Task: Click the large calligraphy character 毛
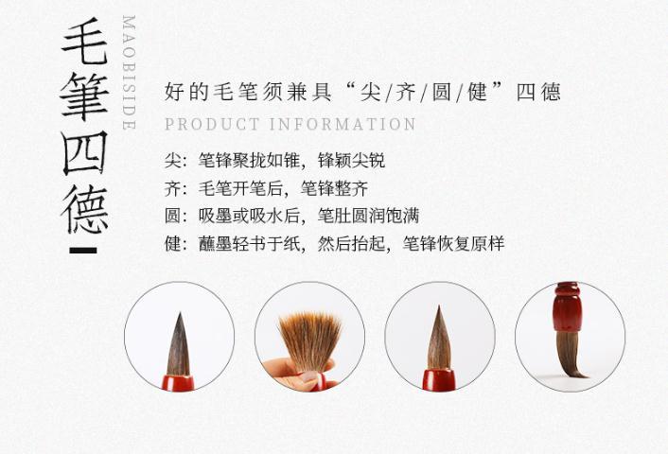pyautogui.click(x=85, y=42)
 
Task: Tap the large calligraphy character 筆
pyautogui.click(x=85, y=96)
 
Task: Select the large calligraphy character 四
pyautogui.click(x=84, y=153)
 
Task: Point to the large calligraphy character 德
pyautogui.click(x=85, y=209)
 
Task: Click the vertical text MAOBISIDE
pyautogui.click(x=129, y=73)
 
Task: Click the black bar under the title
pyautogui.click(x=83, y=251)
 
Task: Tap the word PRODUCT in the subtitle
pyautogui.click(x=212, y=124)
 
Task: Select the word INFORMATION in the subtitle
pyautogui.click(x=343, y=124)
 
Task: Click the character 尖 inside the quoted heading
pyautogui.click(x=370, y=92)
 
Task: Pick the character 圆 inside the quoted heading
pyautogui.click(x=441, y=92)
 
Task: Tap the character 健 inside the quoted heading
pyautogui.click(x=477, y=92)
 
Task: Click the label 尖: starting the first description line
pyautogui.click(x=176, y=161)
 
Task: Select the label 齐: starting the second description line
pyautogui.click(x=176, y=188)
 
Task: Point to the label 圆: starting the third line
pyautogui.click(x=176, y=216)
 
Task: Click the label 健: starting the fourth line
pyautogui.click(x=176, y=244)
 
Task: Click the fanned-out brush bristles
pyautogui.click(x=309, y=340)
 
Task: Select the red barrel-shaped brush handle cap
pyautogui.click(x=567, y=306)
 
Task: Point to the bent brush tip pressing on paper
pyautogui.click(x=571, y=355)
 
